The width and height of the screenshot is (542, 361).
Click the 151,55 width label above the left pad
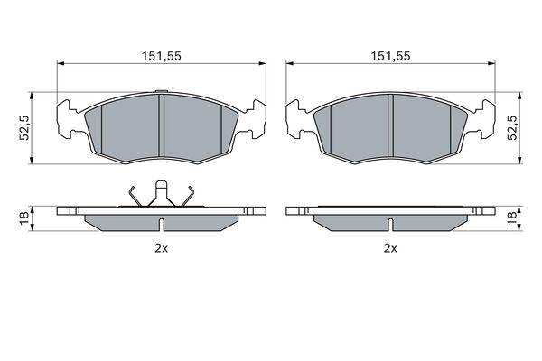tap(162, 56)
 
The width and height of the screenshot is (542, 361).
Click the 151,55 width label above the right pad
tap(390, 56)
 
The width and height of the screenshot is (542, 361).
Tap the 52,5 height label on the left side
tap(24, 128)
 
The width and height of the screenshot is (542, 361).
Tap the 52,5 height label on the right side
tap(512, 128)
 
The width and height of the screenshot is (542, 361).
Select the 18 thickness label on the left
tap(24, 218)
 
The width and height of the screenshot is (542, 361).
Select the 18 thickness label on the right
tap(512, 218)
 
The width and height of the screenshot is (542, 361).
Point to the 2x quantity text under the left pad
tap(161, 248)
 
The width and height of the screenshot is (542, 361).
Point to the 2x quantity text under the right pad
tap(390, 248)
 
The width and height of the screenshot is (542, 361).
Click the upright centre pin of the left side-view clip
tap(162, 193)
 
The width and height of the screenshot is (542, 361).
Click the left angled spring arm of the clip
tap(135, 196)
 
